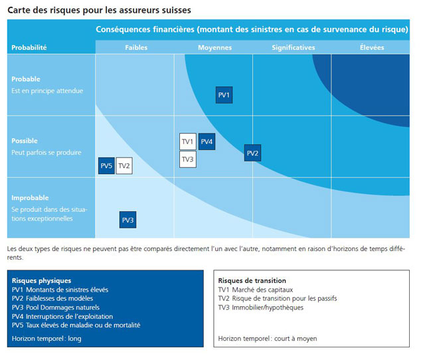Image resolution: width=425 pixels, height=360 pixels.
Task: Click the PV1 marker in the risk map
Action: [x=224, y=95]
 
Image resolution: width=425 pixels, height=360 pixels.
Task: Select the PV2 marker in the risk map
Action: [x=252, y=153]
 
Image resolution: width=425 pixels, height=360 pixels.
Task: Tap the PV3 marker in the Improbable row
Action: [x=128, y=219]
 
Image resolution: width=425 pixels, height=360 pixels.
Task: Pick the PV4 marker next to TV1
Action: [x=207, y=141]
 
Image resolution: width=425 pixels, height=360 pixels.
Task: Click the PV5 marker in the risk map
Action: [x=106, y=165]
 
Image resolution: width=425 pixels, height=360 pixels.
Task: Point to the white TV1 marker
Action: [x=188, y=141]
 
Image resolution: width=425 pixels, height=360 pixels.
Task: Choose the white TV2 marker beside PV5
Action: [x=124, y=165]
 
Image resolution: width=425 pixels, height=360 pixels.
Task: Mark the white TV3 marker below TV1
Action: [x=188, y=159]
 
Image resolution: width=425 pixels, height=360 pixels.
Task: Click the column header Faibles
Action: [x=136, y=48]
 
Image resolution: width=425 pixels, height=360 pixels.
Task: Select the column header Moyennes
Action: [x=214, y=48]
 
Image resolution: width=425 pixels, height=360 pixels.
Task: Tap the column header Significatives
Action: [x=293, y=48]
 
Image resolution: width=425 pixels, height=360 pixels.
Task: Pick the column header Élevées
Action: [x=371, y=48]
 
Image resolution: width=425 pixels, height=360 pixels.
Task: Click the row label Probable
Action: [x=26, y=79]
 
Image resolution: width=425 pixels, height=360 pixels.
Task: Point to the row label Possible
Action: [x=25, y=141]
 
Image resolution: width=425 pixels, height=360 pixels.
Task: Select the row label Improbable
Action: [x=30, y=198]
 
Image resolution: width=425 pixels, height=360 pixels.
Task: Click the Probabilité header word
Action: [x=29, y=48]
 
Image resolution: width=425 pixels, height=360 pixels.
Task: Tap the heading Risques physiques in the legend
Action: [x=41, y=281]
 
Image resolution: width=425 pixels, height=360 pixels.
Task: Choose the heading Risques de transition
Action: [x=252, y=281]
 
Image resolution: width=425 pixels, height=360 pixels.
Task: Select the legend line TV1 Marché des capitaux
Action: [x=255, y=290]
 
